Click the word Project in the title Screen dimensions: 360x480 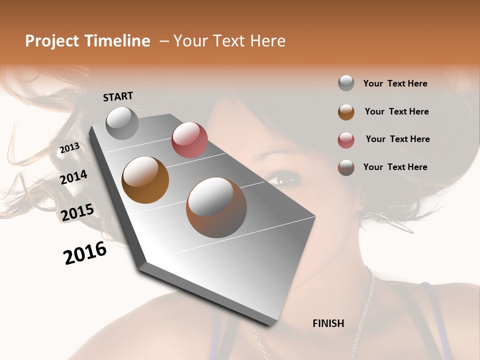(52, 41)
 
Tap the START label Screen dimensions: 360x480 (118, 96)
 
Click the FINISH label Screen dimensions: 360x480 (328, 323)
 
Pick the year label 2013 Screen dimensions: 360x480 (69, 148)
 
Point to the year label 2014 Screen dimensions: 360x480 (74, 177)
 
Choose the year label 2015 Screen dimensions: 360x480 (77, 212)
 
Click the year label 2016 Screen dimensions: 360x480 (85, 253)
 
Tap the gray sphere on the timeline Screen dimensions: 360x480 (122, 123)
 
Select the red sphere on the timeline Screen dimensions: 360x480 (189, 140)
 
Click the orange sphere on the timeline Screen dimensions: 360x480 (145, 179)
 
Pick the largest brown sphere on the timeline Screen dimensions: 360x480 (216, 207)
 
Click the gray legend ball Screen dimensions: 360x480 (346, 83)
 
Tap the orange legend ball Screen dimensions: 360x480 (346, 112)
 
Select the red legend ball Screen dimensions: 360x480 (346, 140)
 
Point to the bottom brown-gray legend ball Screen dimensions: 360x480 (346, 167)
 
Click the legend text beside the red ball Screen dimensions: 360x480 (397, 139)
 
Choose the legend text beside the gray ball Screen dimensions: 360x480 (395, 83)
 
